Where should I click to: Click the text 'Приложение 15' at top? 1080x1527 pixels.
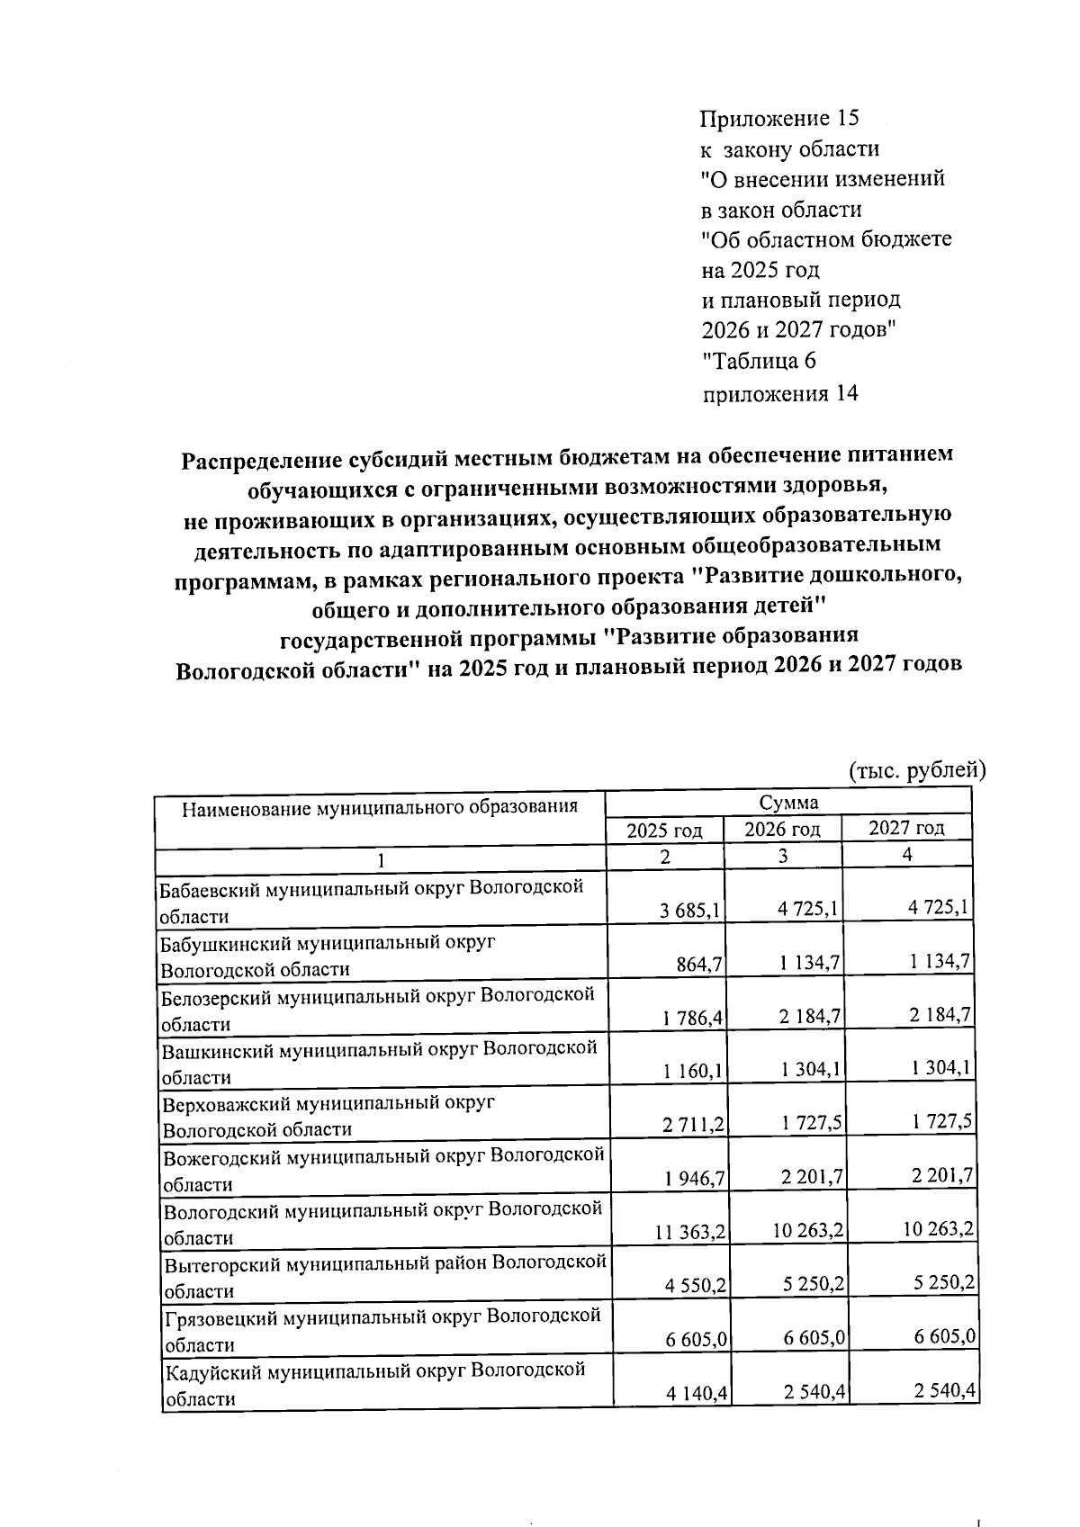pos(779,119)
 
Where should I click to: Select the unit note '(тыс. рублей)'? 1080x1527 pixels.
pos(918,770)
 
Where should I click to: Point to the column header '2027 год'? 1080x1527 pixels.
pos(906,828)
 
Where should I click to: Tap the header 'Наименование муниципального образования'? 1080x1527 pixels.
pos(379,806)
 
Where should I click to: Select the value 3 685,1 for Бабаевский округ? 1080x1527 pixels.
pos(690,911)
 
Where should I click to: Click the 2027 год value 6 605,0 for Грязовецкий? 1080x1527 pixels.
pos(945,1338)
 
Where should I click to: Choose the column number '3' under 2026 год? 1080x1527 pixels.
pos(783,858)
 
